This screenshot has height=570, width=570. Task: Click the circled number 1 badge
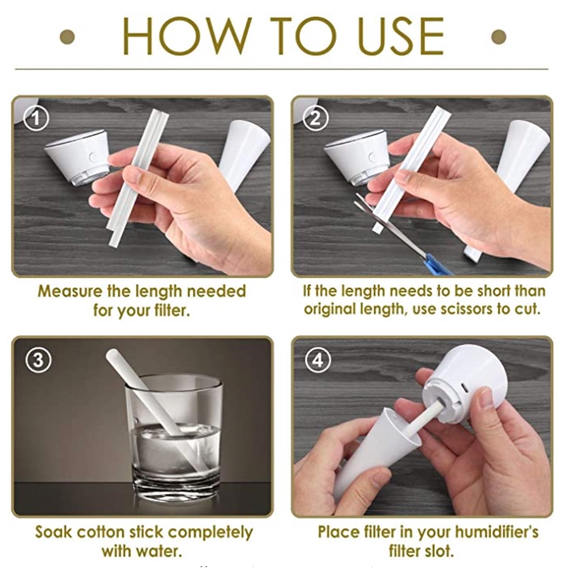click(x=36, y=119)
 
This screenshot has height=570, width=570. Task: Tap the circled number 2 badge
click(x=316, y=119)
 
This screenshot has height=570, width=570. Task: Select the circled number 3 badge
click(x=38, y=360)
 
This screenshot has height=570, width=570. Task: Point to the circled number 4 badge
click(x=318, y=360)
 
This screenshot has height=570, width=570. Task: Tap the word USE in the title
click(x=400, y=36)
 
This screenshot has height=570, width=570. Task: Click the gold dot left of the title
click(x=67, y=37)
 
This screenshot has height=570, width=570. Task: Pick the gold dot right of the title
click(x=498, y=37)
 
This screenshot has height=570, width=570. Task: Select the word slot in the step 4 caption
click(x=440, y=551)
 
